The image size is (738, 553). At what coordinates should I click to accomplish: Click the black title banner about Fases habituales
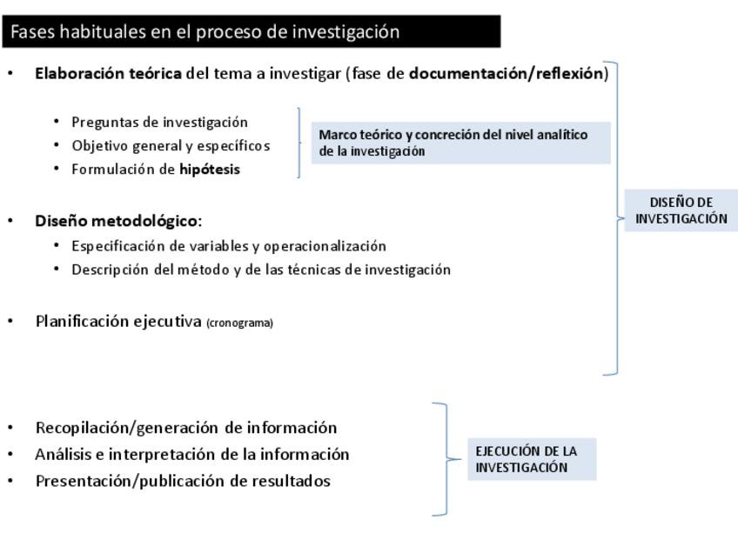pos(252,31)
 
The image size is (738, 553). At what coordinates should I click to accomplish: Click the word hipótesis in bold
pos(210,170)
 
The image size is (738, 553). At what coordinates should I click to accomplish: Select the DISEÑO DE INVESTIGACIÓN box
pos(681,210)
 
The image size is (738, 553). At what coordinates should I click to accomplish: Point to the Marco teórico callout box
pos(461,143)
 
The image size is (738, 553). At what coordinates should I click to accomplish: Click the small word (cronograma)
pos(239,323)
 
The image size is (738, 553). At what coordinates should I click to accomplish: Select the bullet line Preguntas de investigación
pos(159,122)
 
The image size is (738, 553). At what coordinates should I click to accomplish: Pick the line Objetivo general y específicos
pos(171,145)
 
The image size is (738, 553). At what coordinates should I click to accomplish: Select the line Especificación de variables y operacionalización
pos(229,246)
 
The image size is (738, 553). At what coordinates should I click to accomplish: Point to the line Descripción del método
pos(261,270)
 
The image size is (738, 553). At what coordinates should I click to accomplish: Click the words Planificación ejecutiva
pos(118,321)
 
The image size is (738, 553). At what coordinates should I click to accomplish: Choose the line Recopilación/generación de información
pos(185,428)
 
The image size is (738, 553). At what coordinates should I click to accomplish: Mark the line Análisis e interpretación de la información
pos(192,454)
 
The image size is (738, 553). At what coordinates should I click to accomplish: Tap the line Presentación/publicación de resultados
pos(183,481)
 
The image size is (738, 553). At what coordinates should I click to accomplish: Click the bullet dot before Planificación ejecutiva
pos(10,321)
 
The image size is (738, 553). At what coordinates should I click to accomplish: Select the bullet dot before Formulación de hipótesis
pos(57,169)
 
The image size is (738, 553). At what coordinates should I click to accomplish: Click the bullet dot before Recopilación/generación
pos(10,428)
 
